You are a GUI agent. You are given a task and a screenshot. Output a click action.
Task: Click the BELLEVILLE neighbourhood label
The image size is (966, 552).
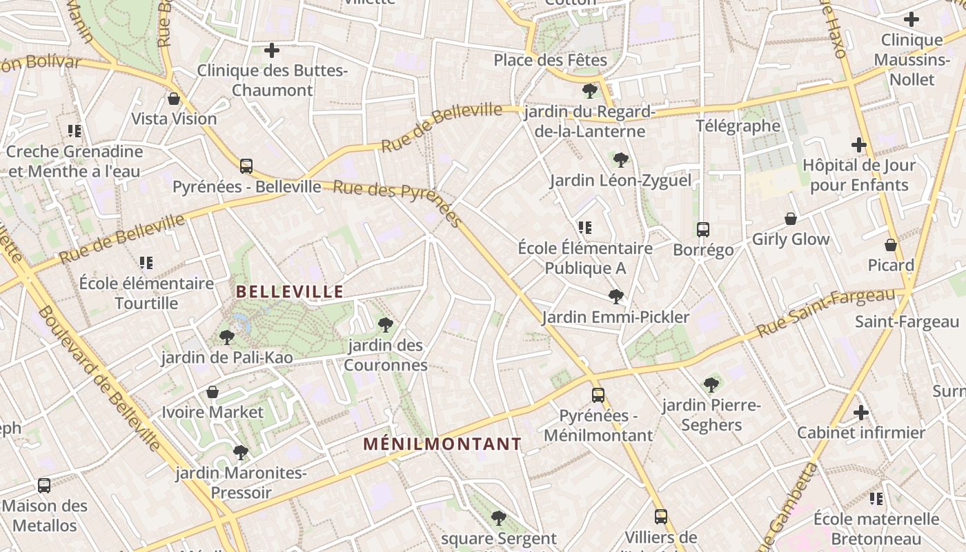(290, 292)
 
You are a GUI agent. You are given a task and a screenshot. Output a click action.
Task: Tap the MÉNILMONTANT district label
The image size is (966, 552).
(442, 444)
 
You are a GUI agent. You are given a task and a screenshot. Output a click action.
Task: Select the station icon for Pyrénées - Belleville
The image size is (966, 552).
(246, 166)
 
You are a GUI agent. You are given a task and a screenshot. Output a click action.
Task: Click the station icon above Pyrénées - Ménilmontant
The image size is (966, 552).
(598, 395)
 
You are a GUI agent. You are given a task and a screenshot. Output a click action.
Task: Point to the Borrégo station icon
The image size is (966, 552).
(703, 230)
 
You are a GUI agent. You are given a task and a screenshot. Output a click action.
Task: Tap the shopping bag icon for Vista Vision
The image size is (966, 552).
(174, 99)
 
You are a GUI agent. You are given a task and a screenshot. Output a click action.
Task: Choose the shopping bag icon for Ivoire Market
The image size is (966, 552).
(213, 393)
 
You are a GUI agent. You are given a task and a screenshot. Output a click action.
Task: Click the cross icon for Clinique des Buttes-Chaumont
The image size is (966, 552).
(272, 50)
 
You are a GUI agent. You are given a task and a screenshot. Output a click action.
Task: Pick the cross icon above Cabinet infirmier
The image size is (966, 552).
(860, 413)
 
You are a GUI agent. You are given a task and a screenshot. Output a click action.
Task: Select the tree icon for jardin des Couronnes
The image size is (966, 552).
(386, 325)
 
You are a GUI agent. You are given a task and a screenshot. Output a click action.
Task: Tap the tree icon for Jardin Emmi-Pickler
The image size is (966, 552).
(615, 297)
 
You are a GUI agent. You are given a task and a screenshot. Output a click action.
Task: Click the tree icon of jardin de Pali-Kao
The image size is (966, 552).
(226, 337)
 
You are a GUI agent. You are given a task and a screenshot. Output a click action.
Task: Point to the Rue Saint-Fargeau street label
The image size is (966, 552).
(825, 313)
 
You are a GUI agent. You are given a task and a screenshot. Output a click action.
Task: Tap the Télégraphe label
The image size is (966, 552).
(738, 126)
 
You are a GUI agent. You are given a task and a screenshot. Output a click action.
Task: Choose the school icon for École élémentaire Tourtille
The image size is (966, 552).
(146, 263)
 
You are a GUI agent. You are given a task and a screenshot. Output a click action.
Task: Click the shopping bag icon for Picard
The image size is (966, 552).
(891, 245)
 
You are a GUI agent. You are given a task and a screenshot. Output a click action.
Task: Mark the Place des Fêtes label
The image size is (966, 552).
(550, 60)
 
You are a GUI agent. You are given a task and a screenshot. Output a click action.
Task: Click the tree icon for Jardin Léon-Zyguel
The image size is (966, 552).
(620, 160)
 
